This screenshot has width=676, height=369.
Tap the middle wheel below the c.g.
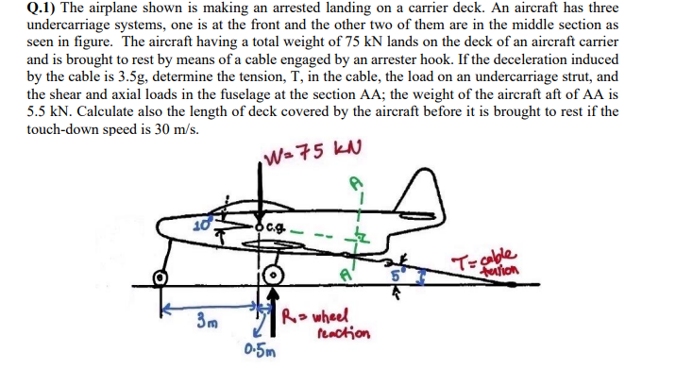click(x=275, y=276)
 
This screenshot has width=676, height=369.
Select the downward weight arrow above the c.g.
click(x=262, y=193)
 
